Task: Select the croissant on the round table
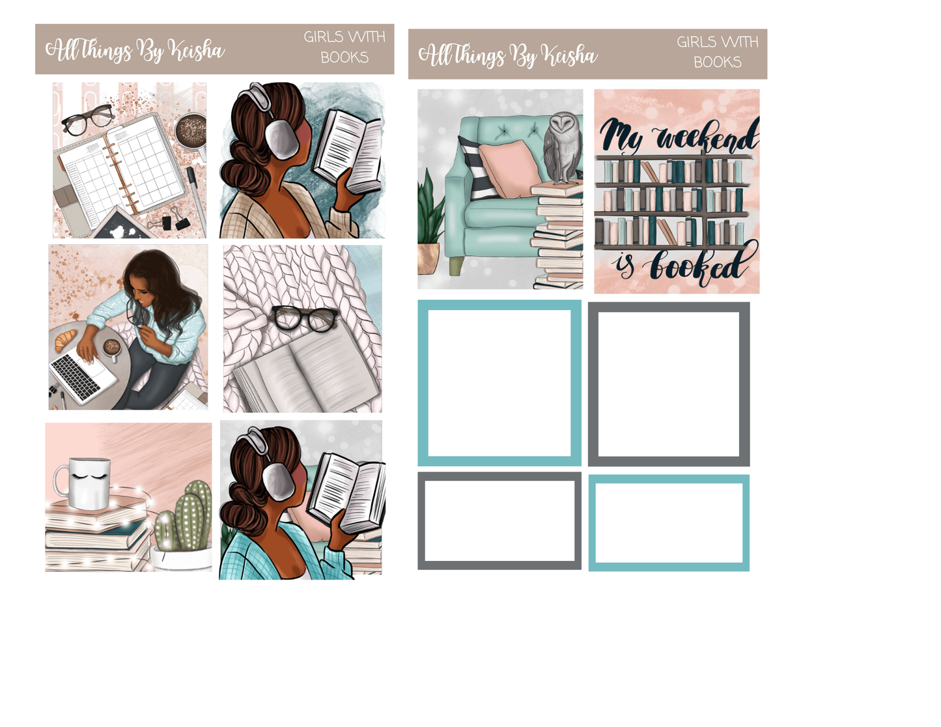(x=65, y=339)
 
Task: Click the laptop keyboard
(x=76, y=376)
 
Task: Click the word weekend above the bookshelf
(x=707, y=137)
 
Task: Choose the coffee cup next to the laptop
(x=112, y=349)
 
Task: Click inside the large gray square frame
(x=669, y=384)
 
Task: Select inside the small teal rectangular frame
(x=669, y=523)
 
